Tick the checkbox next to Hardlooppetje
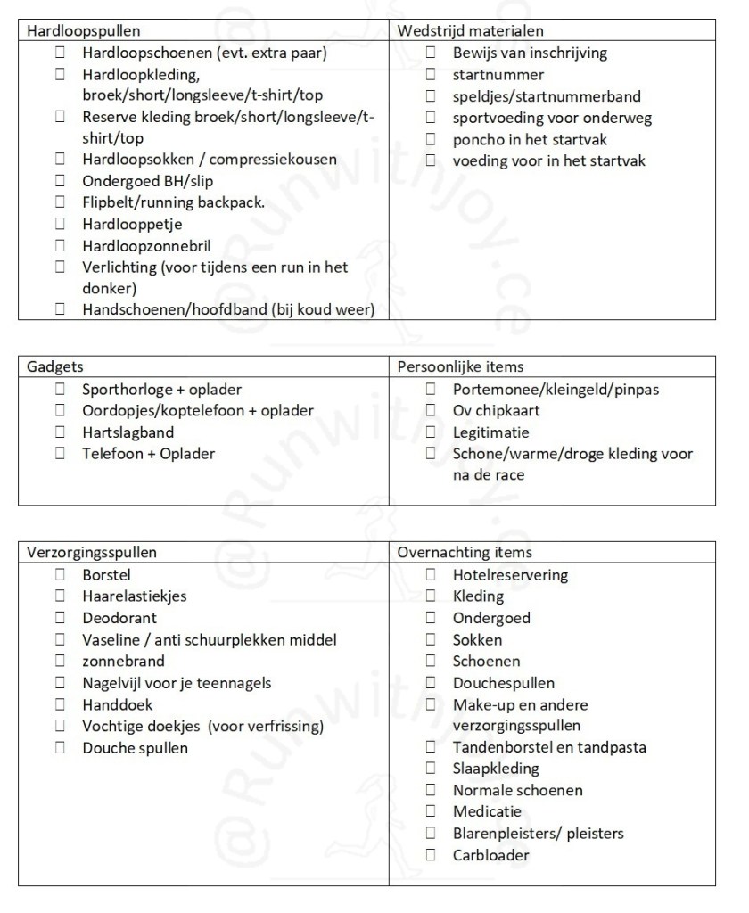(61, 225)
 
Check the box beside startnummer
(432, 75)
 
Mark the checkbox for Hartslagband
(61, 432)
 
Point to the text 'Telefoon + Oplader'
(148, 454)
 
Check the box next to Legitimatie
(432, 432)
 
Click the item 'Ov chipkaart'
(496, 411)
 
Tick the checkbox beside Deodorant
(61, 618)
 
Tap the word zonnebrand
(123, 662)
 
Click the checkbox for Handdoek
(61, 704)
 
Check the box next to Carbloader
(432, 855)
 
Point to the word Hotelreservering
(510, 575)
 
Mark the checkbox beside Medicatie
(432, 811)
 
